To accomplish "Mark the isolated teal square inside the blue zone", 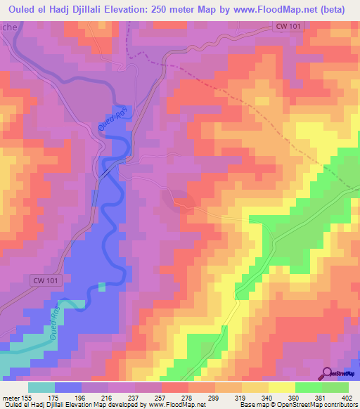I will pos(101,286).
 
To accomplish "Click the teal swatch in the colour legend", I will pos(41,388).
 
